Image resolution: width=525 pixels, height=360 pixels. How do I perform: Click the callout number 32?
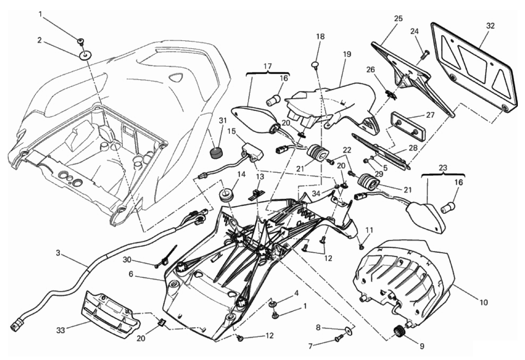click(x=490, y=26)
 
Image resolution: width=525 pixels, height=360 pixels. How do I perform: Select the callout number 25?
click(x=398, y=19)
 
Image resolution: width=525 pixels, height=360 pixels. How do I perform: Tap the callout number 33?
click(x=60, y=331)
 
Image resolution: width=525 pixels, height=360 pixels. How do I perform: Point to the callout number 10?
click(x=484, y=303)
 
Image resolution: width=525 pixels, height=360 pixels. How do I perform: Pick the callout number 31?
click(x=223, y=121)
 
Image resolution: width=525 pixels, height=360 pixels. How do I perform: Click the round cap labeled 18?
click(x=315, y=65)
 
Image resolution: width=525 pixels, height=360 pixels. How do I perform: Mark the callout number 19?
click(x=347, y=55)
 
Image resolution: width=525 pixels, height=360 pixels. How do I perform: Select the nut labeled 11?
click(x=361, y=247)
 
